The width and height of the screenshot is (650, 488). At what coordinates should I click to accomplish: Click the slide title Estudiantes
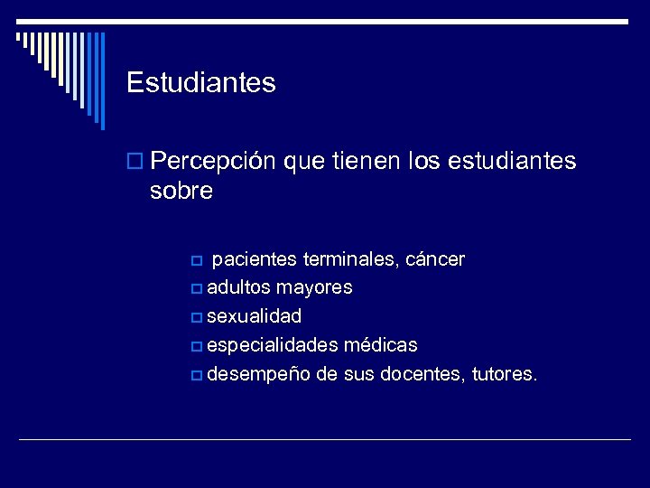click(x=200, y=83)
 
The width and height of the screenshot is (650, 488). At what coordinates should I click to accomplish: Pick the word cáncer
click(x=436, y=260)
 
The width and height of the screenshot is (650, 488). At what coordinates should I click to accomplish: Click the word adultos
click(x=238, y=288)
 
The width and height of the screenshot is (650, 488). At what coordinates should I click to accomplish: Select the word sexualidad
click(x=255, y=317)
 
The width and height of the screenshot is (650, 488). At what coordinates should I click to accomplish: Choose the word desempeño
click(x=257, y=374)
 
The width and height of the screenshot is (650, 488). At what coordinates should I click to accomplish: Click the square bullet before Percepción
click(x=135, y=163)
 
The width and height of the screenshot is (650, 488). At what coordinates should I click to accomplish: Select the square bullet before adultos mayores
click(x=198, y=289)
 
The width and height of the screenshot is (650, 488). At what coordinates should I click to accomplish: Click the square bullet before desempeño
click(x=198, y=375)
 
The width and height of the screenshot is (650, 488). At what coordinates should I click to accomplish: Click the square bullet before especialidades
click(x=198, y=346)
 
